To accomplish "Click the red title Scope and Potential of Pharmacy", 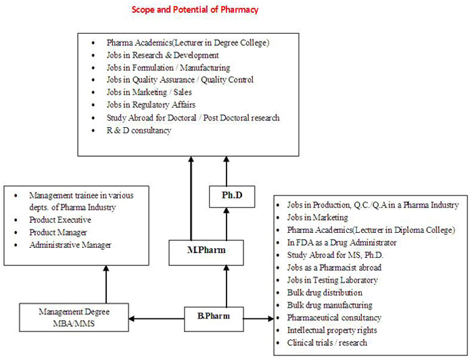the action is (x=195, y=9).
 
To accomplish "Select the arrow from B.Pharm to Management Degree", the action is (x=156, y=319).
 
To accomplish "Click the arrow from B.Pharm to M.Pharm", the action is (x=227, y=286).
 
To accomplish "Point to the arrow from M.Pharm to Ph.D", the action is (x=227, y=224).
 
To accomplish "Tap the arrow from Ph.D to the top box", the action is (x=227, y=171).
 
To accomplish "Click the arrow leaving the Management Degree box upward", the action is (x=106, y=284).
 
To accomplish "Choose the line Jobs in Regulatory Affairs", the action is (x=151, y=105).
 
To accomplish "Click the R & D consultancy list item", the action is (x=139, y=130).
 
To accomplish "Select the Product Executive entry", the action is (x=60, y=220).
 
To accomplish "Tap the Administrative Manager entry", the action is (x=70, y=245).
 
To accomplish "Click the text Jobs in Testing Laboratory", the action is (x=332, y=280).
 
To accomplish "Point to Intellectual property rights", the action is (x=332, y=330).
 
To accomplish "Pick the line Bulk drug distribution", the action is (x=325, y=292).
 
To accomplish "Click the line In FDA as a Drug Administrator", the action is (x=341, y=242).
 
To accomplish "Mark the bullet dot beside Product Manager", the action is (x=16, y=233).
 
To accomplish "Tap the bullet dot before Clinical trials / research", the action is (x=278, y=343).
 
